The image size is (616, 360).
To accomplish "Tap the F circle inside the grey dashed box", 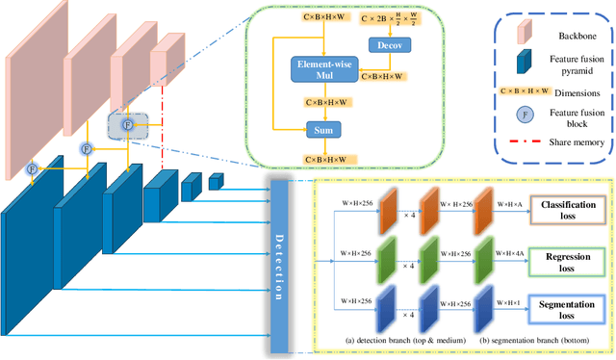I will point(126,124).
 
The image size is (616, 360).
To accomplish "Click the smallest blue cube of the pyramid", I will point(216,181).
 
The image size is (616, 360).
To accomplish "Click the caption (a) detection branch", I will point(401,340).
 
